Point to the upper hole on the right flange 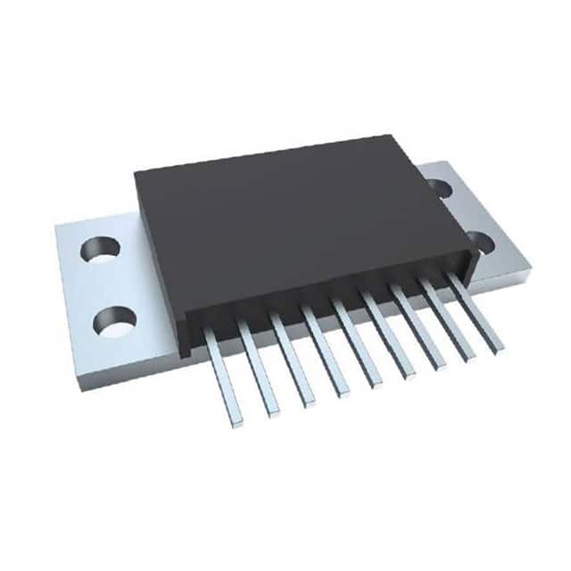pyautogui.click(x=437, y=187)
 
